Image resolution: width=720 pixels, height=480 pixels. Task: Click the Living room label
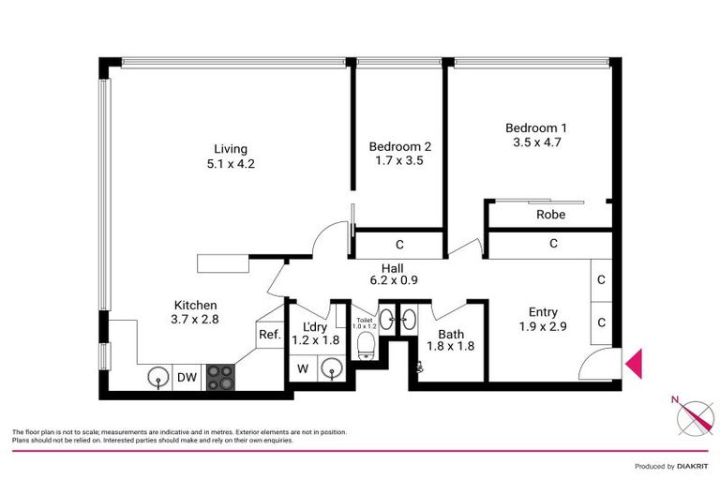230,149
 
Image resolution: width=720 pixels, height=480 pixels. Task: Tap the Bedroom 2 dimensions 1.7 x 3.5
399,161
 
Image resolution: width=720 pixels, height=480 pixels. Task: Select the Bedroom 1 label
536,128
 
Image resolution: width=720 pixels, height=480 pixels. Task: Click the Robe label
550,215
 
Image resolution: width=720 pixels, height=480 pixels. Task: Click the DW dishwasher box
187,377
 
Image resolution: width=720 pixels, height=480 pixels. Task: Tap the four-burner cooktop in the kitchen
220,377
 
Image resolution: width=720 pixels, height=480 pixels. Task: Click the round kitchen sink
156,378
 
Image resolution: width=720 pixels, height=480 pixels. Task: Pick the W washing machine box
303,369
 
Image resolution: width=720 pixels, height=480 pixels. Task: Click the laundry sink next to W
330,369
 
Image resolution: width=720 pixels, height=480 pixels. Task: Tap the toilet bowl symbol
366,349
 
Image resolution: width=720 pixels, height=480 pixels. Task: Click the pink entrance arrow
634,364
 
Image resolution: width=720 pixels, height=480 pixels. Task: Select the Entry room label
543,313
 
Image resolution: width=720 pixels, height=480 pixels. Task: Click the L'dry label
315,327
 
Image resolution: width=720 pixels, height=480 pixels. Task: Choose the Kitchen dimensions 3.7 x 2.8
196,319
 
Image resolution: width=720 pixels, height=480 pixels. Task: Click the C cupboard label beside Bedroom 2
399,246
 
